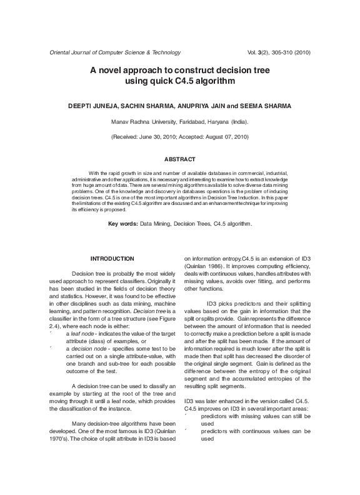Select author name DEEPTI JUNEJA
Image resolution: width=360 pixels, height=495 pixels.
[93, 106]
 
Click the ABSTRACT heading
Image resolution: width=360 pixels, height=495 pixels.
[179, 160]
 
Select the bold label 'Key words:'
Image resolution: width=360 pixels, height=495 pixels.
[122, 223]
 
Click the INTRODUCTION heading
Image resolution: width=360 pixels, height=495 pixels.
[112, 258]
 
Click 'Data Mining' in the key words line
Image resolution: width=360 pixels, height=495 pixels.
[155, 223]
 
